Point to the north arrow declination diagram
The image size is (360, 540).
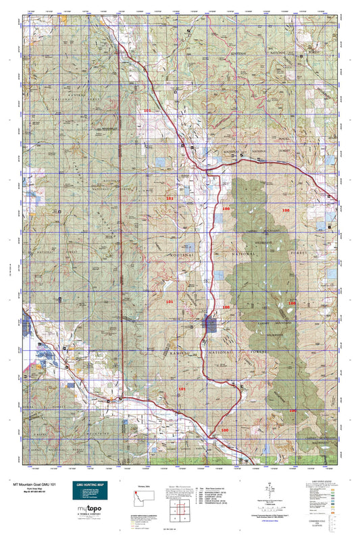(x=269, y=487)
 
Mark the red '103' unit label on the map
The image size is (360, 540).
(x=170, y=198)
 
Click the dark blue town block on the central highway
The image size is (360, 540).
(x=210, y=322)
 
